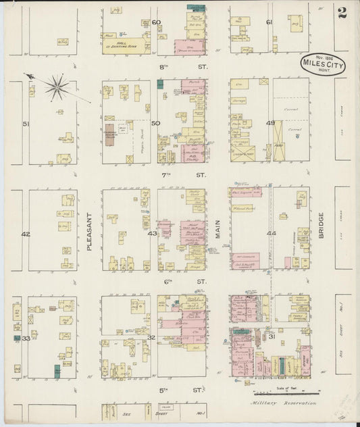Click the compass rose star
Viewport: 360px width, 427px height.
[x=56, y=87]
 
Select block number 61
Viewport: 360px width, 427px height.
[x=269, y=23]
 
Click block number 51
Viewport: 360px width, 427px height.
[x=26, y=124]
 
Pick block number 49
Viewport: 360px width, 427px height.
[x=269, y=123]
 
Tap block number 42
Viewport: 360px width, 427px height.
[x=26, y=234]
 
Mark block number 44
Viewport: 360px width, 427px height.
[x=272, y=233]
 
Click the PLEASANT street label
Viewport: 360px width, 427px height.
[x=89, y=233]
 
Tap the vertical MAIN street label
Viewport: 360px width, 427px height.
[x=217, y=233]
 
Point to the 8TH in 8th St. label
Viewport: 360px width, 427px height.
[x=162, y=68]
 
